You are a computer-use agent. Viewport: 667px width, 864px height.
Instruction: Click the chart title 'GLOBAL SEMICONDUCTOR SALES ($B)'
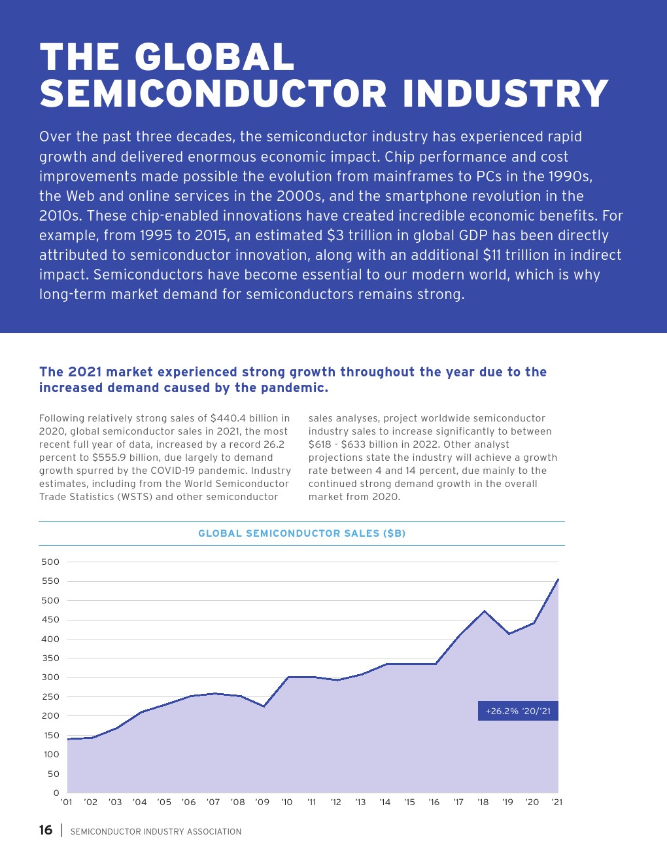[301, 533]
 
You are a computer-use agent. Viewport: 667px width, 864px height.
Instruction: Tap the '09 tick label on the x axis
[262, 802]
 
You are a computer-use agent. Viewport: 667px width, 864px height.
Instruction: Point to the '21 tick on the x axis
[556, 802]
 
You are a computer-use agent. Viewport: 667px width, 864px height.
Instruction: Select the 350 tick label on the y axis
[50, 658]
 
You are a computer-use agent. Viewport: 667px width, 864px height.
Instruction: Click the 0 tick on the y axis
[56, 793]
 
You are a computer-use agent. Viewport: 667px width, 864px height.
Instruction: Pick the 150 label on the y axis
[52, 736]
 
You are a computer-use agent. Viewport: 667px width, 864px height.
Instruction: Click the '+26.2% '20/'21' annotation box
[518, 711]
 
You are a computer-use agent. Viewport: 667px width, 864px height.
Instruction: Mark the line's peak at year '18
[484, 611]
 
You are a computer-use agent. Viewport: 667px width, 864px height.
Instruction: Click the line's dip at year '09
[264, 706]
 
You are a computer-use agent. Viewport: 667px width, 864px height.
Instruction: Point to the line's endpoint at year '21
[558, 579]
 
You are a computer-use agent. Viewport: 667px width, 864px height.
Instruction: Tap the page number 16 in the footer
[46, 830]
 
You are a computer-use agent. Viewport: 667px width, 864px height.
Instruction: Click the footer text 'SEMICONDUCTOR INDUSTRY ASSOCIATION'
[156, 832]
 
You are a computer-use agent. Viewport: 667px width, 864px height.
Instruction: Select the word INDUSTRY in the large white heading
[505, 94]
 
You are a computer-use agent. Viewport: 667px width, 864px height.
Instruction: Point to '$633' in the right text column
[354, 444]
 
